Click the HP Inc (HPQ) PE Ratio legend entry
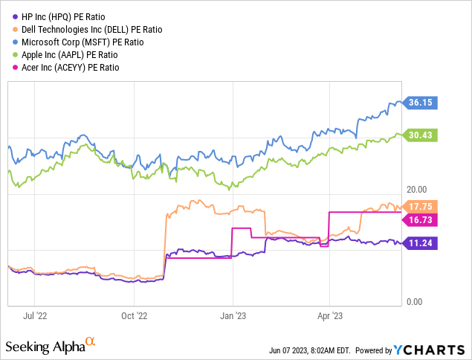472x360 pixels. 67,16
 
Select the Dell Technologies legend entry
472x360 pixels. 88,29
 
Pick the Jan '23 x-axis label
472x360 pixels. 233,315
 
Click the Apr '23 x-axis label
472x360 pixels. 330,315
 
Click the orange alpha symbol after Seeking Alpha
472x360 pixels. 91,342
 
